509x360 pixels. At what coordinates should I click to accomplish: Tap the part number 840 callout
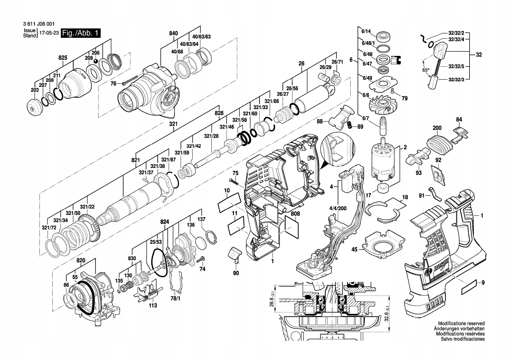click(x=174, y=33)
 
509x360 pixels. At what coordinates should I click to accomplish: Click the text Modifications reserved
click(x=461, y=323)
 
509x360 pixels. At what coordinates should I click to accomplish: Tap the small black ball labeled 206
click(x=95, y=61)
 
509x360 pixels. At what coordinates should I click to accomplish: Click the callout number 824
click(x=165, y=222)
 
